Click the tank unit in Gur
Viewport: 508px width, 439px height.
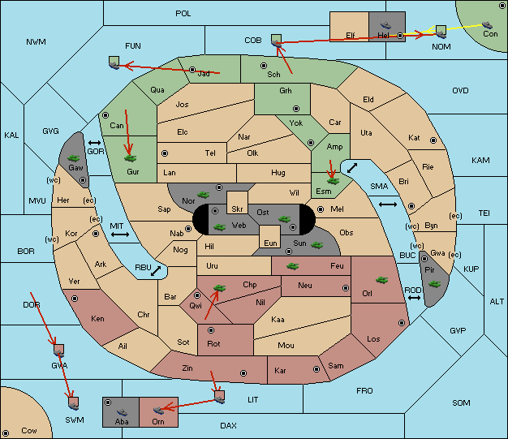[x=130, y=158]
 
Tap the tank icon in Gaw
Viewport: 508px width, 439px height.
[x=74, y=158]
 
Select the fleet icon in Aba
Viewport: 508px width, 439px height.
[x=122, y=412]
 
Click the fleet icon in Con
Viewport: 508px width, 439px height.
[x=487, y=25]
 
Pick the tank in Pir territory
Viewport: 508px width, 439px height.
[x=434, y=284]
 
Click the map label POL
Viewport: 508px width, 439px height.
[x=183, y=14]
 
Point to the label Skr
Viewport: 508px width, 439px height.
[x=237, y=209]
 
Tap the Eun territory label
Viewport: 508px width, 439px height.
[x=270, y=243]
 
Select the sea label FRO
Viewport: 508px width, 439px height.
[x=364, y=391]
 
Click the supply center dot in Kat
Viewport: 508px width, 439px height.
[x=433, y=140]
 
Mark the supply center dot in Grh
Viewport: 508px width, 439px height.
[x=296, y=109]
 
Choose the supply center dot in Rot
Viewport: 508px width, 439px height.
[x=211, y=330]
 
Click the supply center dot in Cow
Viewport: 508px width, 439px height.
[x=6, y=433]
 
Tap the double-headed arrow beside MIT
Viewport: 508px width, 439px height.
[x=120, y=235]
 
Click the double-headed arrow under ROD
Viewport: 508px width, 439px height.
[x=414, y=298]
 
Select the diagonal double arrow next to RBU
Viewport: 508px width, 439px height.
[x=156, y=271]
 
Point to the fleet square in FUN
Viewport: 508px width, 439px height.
[x=114, y=62]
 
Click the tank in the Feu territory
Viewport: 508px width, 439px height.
[x=293, y=266]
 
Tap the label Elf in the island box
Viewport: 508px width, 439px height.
[x=351, y=36]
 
